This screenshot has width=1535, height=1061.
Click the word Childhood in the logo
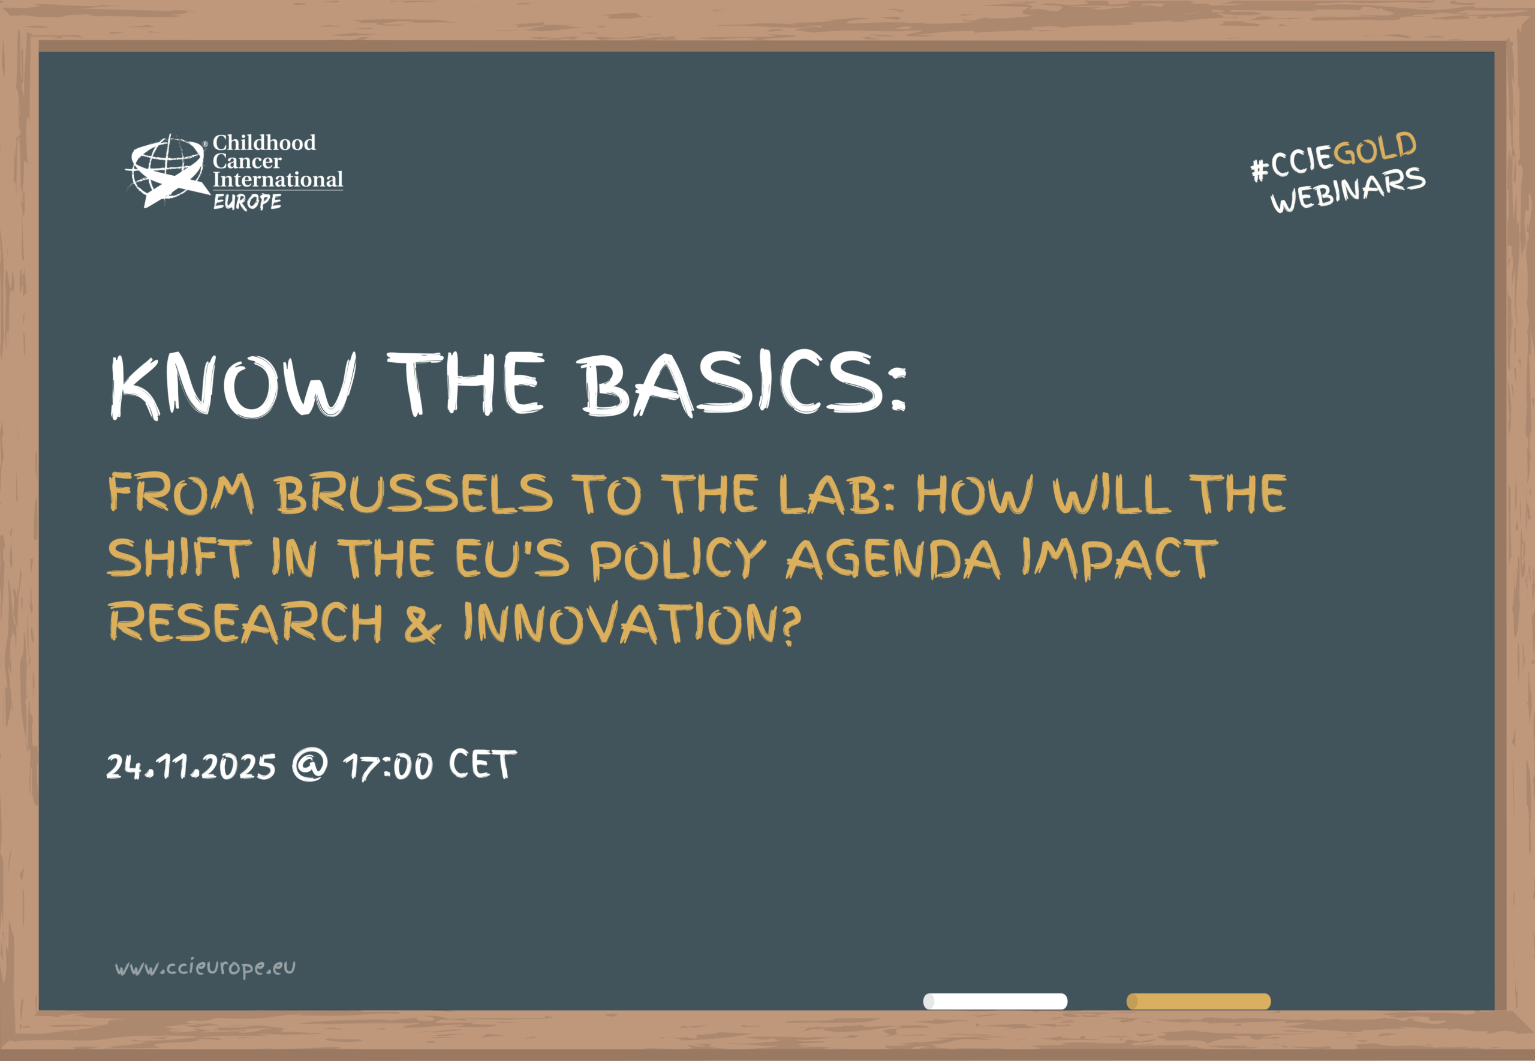pyautogui.click(x=264, y=142)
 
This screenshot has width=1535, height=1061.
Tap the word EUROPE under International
pyautogui.click(x=247, y=202)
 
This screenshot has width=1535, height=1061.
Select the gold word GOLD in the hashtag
pyautogui.click(x=1375, y=149)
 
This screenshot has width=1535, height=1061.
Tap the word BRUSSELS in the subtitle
pyautogui.click(x=414, y=494)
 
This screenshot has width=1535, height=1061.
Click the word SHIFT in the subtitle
pyautogui.click(x=179, y=557)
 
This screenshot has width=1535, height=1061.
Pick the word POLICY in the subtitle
pyautogui.click(x=678, y=558)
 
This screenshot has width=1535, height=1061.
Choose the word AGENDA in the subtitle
pyautogui.click(x=893, y=558)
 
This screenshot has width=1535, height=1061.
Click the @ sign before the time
pyautogui.click(x=311, y=765)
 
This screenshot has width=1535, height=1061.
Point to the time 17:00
pyautogui.click(x=388, y=766)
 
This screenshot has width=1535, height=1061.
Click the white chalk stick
pyautogui.click(x=995, y=1001)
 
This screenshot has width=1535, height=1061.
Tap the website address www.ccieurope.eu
pyautogui.click(x=205, y=967)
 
